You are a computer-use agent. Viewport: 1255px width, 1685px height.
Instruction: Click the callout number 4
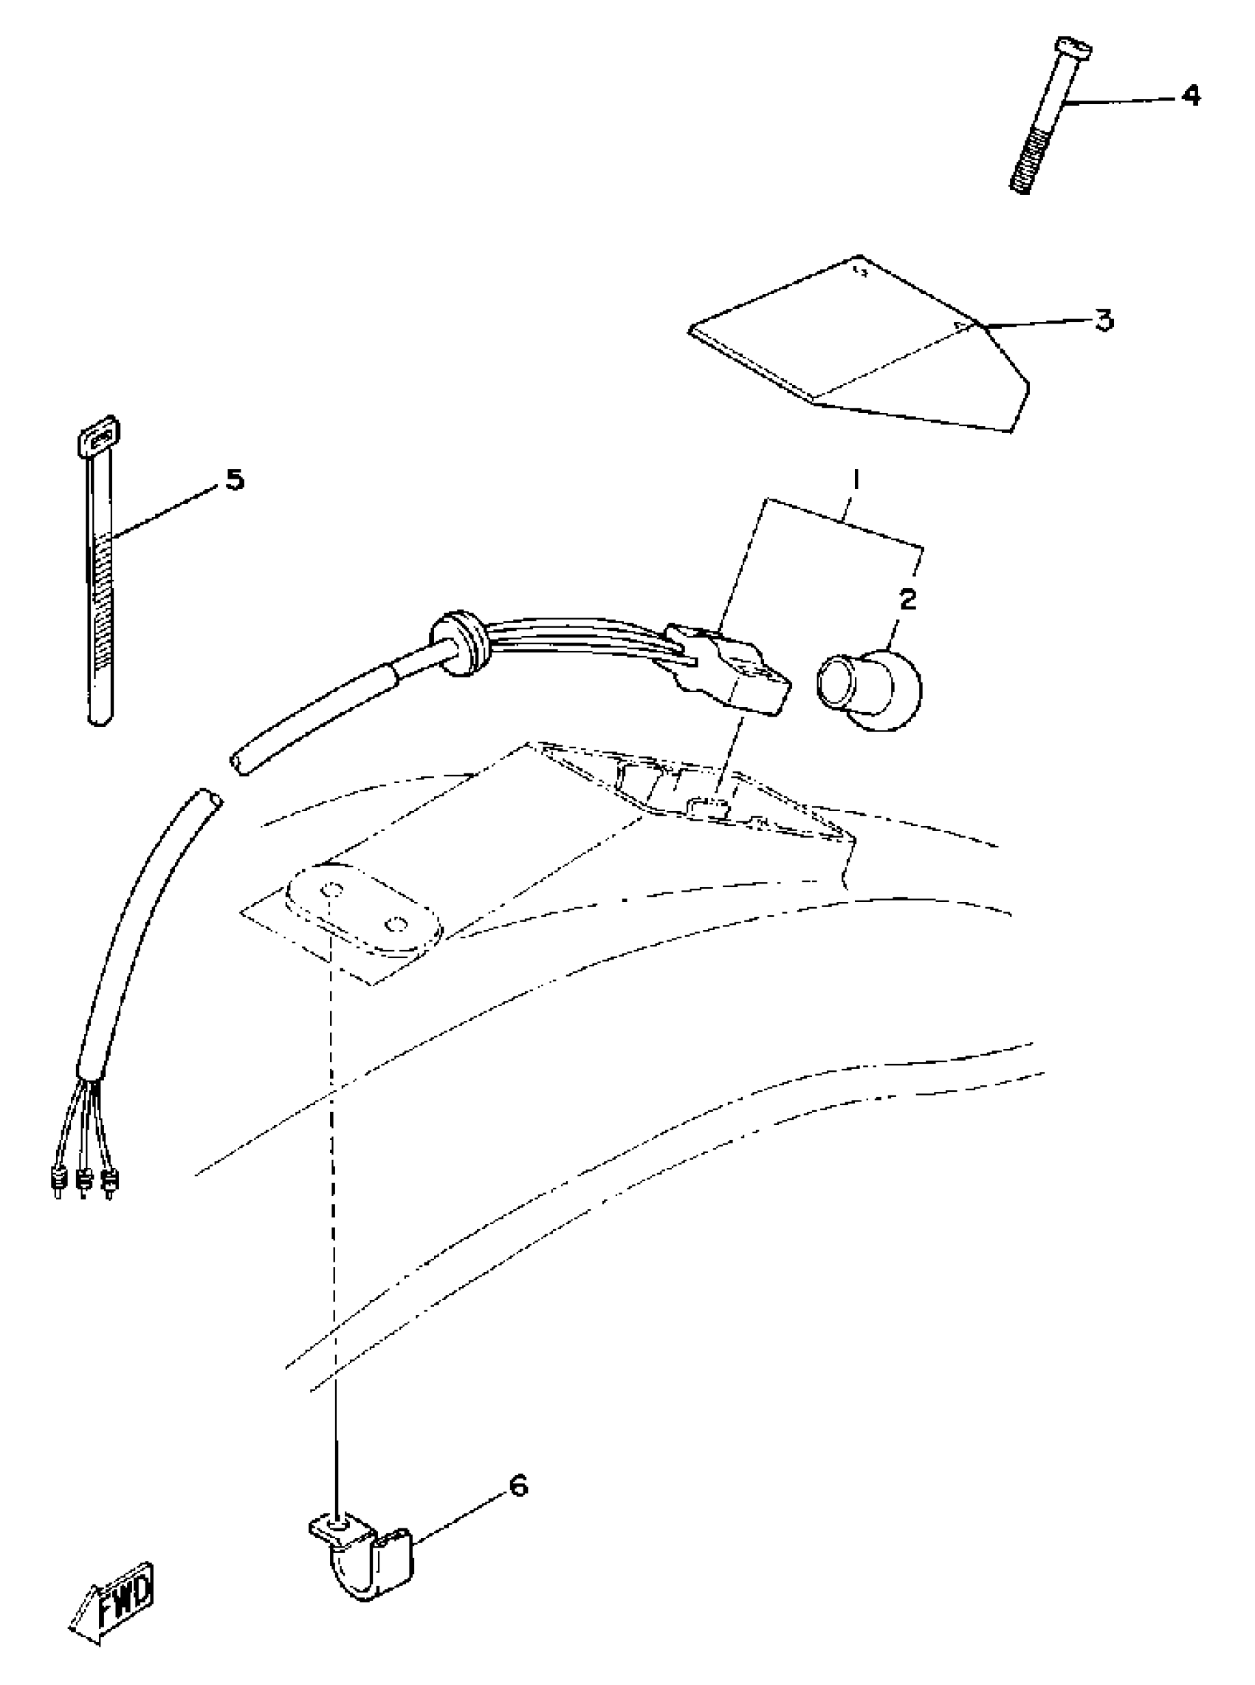[1191, 97]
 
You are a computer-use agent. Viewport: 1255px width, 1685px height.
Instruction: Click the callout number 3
[1104, 320]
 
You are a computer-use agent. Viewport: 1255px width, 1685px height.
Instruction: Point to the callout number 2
[907, 600]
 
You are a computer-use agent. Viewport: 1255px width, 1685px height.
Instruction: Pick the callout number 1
[856, 480]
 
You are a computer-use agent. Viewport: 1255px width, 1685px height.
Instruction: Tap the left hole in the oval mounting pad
[330, 889]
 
